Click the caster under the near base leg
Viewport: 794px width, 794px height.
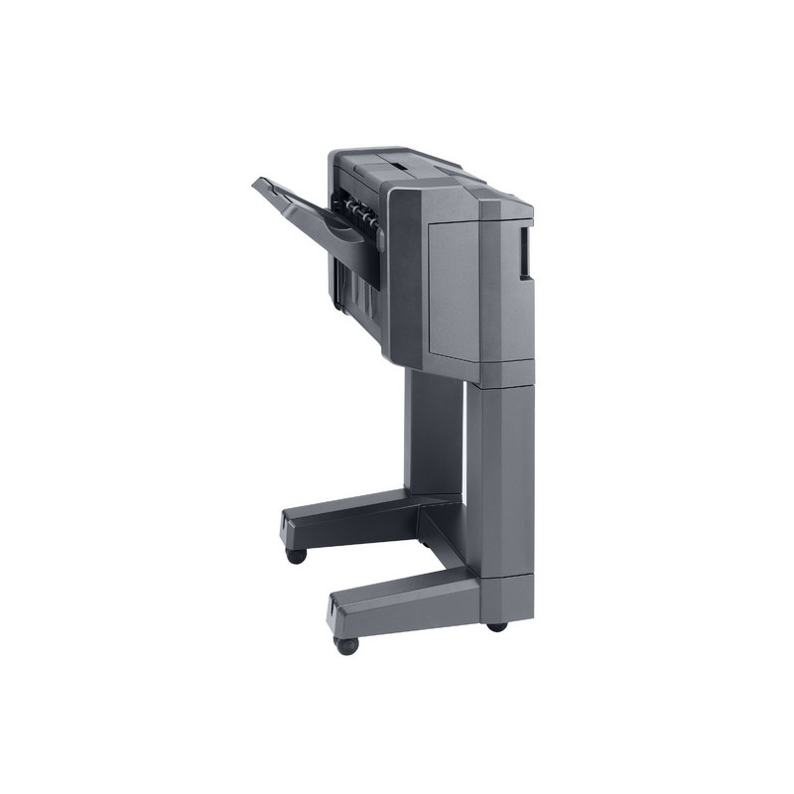[346, 645]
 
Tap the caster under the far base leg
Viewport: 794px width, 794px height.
[295, 555]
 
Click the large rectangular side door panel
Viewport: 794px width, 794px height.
[453, 288]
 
